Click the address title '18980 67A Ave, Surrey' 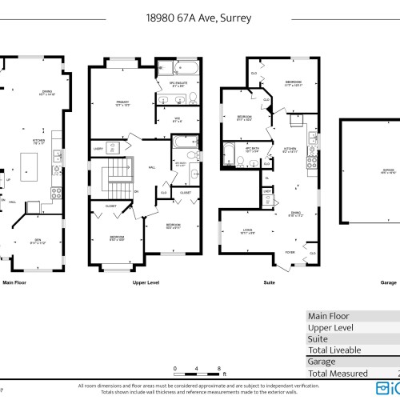[x=199, y=14]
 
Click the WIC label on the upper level [x=177, y=119]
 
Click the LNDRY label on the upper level [x=98, y=149]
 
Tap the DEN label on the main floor [x=38, y=242]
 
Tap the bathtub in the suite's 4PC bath [x=227, y=151]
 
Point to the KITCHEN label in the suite [x=290, y=149]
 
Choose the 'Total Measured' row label [x=338, y=373]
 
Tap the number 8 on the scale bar [x=219, y=369]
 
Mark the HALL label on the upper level [x=152, y=167]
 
